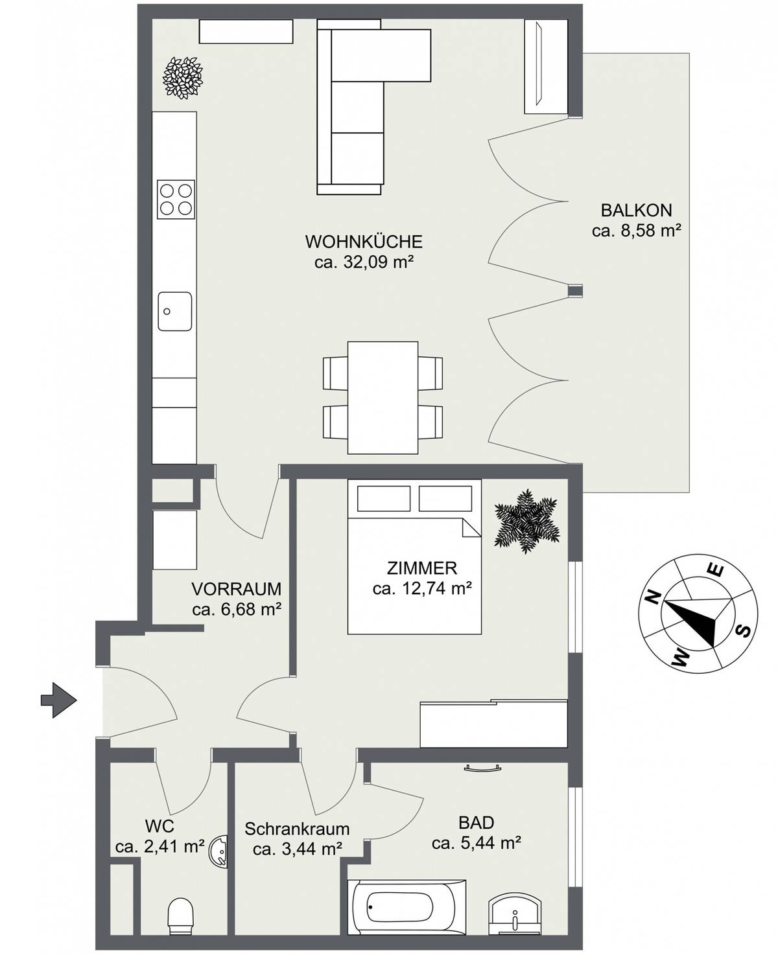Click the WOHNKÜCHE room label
click(364, 242)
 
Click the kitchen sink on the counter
click(174, 311)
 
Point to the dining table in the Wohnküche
click(383, 398)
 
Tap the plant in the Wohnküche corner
click(183, 78)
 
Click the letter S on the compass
click(745, 630)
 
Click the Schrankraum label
click(297, 828)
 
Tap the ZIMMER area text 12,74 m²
click(421, 589)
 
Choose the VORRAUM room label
click(236, 589)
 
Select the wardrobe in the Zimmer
click(494, 724)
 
